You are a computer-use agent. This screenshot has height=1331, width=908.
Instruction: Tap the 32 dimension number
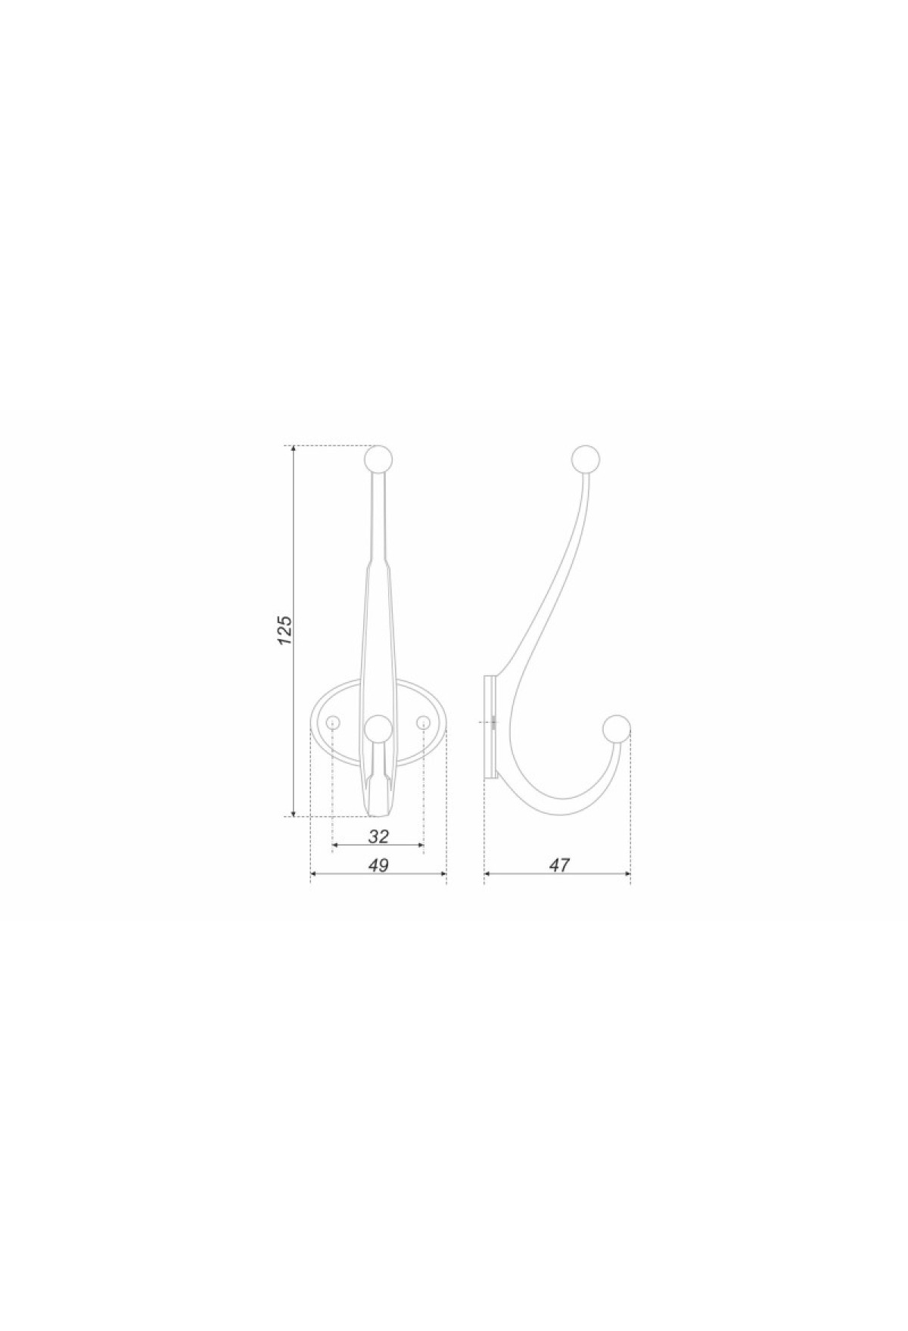(x=378, y=836)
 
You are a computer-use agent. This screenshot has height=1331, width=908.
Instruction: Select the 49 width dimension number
(x=378, y=865)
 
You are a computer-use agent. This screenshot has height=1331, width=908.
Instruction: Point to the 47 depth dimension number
(x=558, y=865)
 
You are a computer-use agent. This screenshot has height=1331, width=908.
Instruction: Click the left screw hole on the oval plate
(x=332, y=724)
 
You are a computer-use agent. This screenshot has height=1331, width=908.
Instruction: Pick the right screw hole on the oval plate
(x=423, y=724)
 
